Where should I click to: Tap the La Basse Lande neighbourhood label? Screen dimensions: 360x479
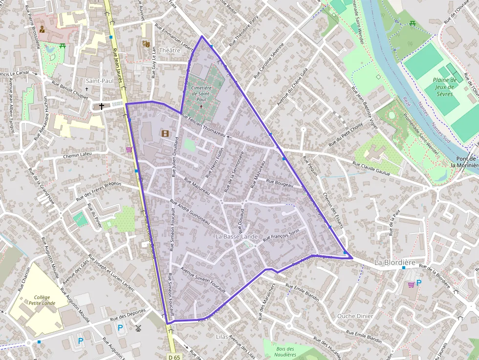[x=237, y=236]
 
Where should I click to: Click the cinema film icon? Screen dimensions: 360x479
[x=165, y=133]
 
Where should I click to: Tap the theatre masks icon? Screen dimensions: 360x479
[x=145, y=43]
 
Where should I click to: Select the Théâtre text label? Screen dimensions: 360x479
[x=170, y=50]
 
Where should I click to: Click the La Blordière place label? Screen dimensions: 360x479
[x=394, y=262]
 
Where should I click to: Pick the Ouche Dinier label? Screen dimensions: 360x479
[x=355, y=316]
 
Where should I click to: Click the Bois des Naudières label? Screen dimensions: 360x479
[x=285, y=352]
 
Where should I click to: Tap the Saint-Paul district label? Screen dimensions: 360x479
[x=99, y=81]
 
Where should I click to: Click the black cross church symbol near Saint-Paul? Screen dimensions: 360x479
[x=102, y=106]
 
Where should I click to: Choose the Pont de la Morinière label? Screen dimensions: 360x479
[x=466, y=162]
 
